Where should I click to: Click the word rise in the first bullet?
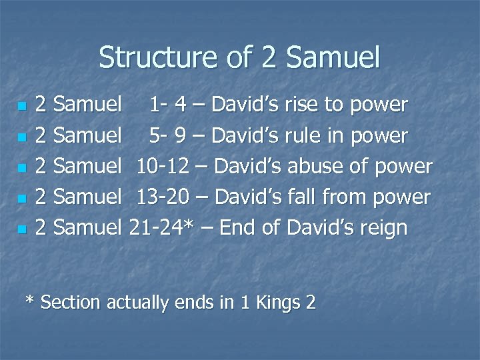pos(301,105)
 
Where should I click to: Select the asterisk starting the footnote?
pos(29,300)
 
